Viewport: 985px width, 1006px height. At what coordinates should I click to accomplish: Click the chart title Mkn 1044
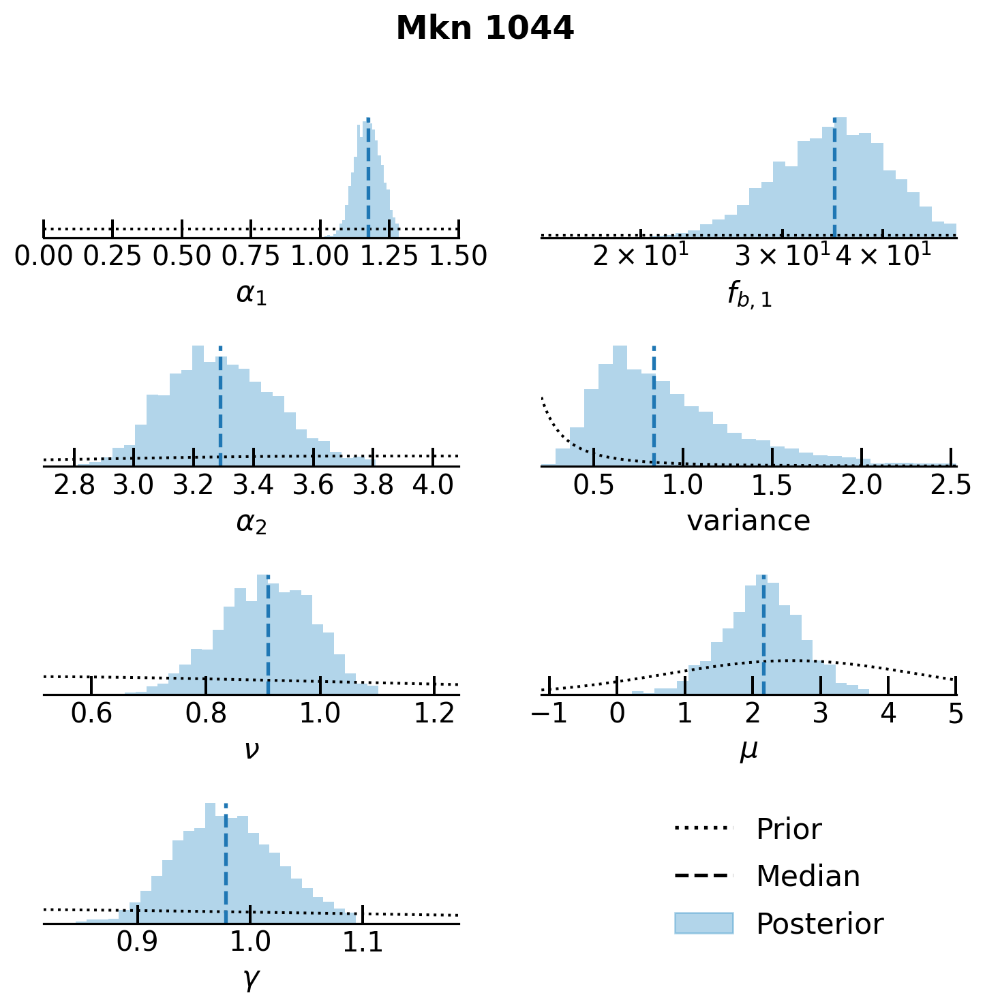pyautogui.click(x=485, y=29)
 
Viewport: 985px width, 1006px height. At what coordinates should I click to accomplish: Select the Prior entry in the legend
pyautogui.click(x=788, y=829)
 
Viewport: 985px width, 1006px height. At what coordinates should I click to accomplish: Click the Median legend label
pyautogui.click(x=808, y=876)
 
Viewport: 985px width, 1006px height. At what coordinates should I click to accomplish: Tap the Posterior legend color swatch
pyautogui.click(x=703, y=924)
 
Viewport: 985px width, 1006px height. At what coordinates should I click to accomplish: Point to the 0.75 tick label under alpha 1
pyautogui.click(x=251, y=256)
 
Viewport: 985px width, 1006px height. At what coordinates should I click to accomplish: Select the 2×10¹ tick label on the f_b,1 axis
pyautogui.click(x=641, y=256)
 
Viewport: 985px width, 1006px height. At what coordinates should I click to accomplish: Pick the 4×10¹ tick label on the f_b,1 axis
pyautogui.click(x=883, y=256)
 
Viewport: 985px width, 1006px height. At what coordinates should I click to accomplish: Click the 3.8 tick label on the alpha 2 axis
pyautogui.click(x=373, y=485)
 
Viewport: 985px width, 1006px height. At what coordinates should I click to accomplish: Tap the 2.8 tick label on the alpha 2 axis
pyautogui.click(x=74, y=485)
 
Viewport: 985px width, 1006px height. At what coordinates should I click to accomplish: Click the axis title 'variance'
pyautogui.click(x=748, y=521)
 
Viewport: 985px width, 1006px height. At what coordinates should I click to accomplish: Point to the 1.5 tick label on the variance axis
pyautogui.click(x=772, y=485)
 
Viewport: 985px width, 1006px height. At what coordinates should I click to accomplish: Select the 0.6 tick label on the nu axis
pyautogui.click(x=91, y=713)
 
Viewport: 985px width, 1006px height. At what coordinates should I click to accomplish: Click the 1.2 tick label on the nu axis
pyautogui.click(x=434, y=713)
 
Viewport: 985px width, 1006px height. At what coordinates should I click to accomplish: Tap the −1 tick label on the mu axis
pyautogui.click(x=549, y=713)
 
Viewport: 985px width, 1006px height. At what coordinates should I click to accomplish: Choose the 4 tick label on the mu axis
pyautogui.click(x=888, y=713)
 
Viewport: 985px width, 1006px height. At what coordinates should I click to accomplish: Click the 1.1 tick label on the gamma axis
pyautogui.click(x=363, y=942)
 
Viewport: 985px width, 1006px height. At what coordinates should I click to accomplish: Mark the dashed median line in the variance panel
pyautogui.click(x=654, y=409)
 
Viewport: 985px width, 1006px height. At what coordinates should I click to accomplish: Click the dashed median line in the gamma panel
pyautogui.click(x=226, y=866)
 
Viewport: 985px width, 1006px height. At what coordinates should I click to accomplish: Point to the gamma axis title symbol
pyautogui.click(x=251, y=979)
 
